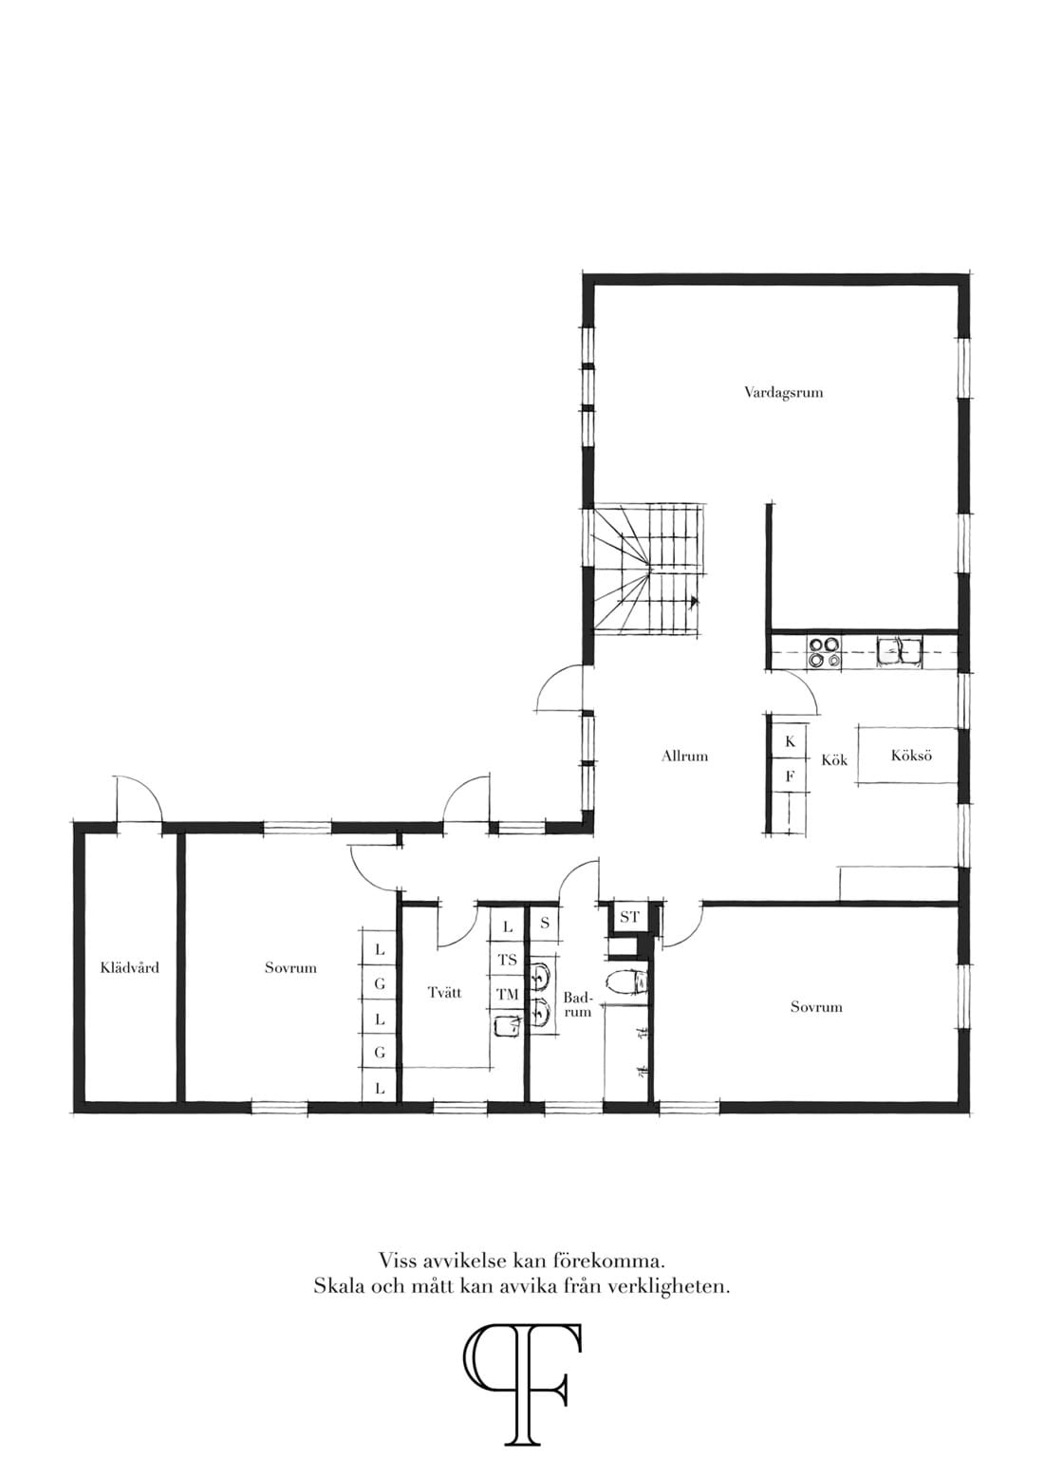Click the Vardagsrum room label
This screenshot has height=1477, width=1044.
click(x=784, y=393)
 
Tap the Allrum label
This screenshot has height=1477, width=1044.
click(x=685, y=757)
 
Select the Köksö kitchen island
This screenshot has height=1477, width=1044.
click(x=907, y=756)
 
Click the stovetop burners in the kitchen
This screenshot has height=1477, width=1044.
click(x=825, y=651)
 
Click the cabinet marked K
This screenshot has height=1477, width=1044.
click(x=790, y=741)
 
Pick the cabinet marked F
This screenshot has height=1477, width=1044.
click(x=790, y=776)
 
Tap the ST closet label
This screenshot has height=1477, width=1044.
click(x=629, y=917)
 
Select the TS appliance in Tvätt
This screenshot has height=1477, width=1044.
click(x=508, y=960)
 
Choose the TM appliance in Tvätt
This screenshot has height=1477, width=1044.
click(x=508, y=994)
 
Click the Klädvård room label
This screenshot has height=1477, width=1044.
click(x=130, y=968)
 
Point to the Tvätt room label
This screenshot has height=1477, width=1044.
click(x=445, y=992)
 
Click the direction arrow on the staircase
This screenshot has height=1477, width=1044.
click(x=694, y=601)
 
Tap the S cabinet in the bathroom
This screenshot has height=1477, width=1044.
click(x=545, y=924)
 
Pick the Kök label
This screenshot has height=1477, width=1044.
click(x=834, y=759)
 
